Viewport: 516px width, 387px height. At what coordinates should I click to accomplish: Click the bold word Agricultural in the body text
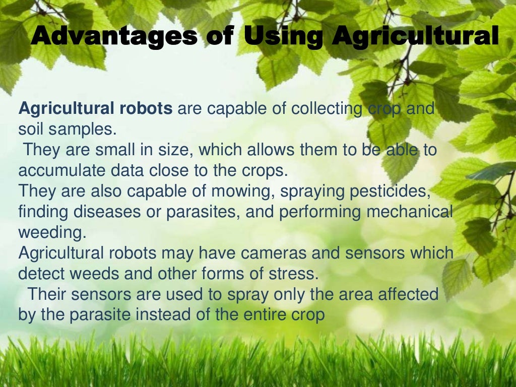[x=64, y=109]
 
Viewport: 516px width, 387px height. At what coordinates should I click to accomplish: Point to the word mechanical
[x=409, y=212]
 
